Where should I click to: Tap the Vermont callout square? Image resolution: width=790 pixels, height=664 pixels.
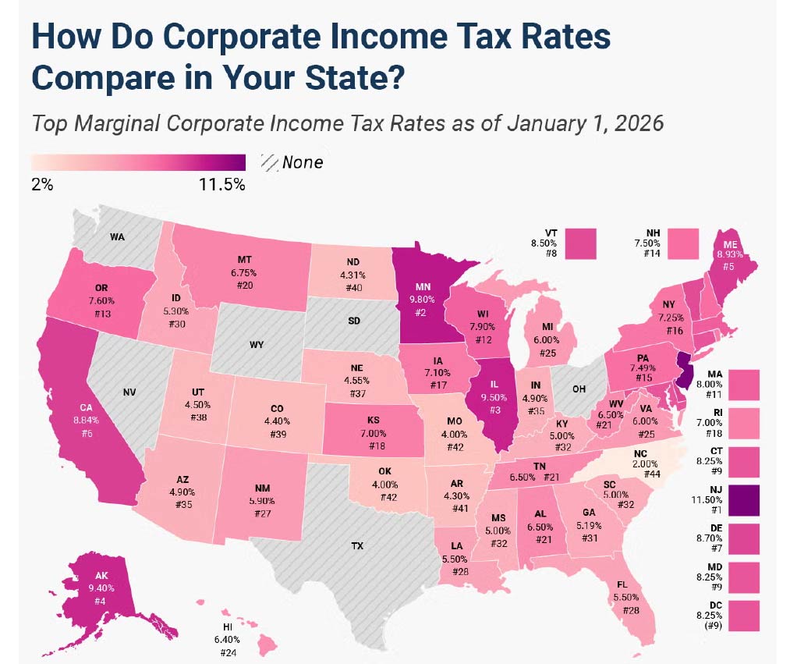coord(581,243)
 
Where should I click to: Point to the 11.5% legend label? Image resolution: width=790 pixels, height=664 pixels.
coord(223,185)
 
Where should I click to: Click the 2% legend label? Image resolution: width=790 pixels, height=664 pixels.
coord(42,185)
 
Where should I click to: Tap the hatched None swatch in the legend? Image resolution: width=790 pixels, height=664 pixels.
coord(271,162)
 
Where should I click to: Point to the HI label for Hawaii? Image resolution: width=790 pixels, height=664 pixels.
coord(228,627)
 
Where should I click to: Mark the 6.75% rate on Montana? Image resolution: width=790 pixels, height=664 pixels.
coord(243,273)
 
